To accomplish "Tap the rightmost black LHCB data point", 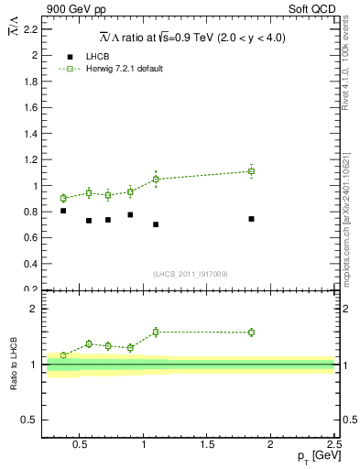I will (x=251, y=219).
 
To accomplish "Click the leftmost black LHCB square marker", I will (x=63, y=211).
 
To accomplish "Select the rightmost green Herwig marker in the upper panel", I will (x=251, y=171).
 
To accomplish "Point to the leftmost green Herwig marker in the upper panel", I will (x=63, y=198).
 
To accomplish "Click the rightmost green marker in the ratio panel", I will (x=251, y=333).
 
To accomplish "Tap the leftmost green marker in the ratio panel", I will (x=63, y=355).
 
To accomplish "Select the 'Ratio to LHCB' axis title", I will (x=12, y=365).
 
